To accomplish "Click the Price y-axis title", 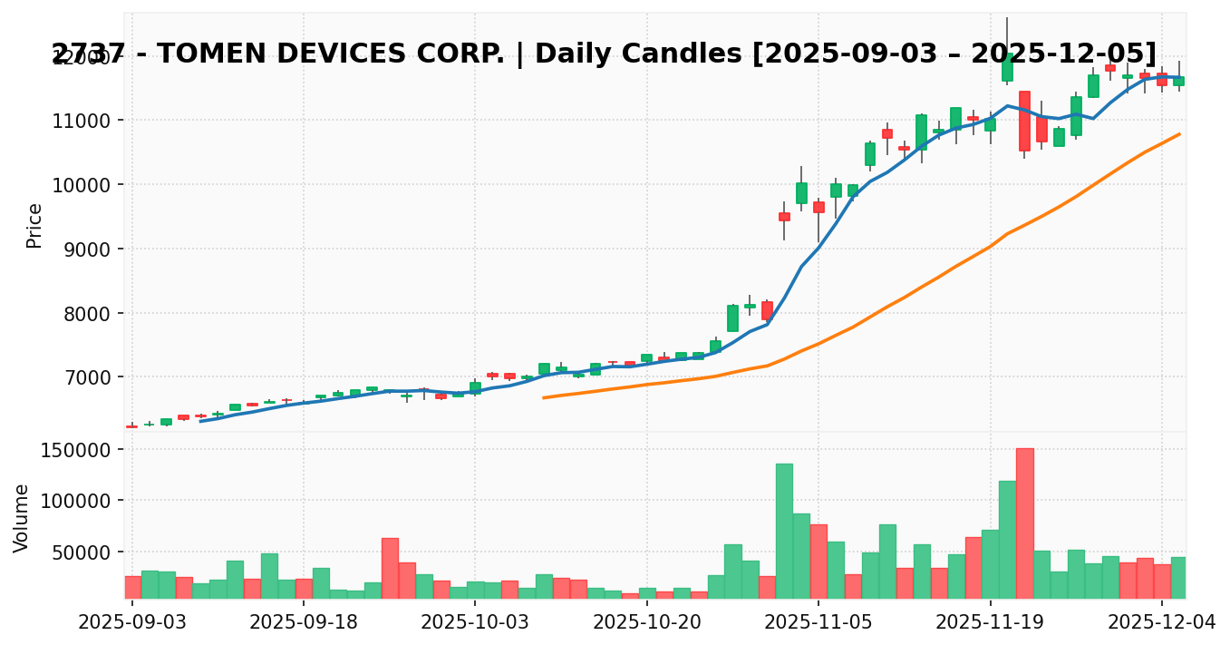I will pyautogui.click(x=34, y=225).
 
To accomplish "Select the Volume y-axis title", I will pyautogui.click(x=22, y=518).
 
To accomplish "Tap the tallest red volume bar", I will pyautogui.click(x=1024, y=523).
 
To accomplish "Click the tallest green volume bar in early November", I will pyautogui.click(x=784, y=531).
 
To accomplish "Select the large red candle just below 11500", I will pyautogui.click(x=1024, y=121).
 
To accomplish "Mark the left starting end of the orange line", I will pyautogui.click(x=544, y=397).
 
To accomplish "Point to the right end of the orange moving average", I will pyautogui.click(x=1179, y=134).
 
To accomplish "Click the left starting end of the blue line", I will pyautogui.click(x=200, y=421).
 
